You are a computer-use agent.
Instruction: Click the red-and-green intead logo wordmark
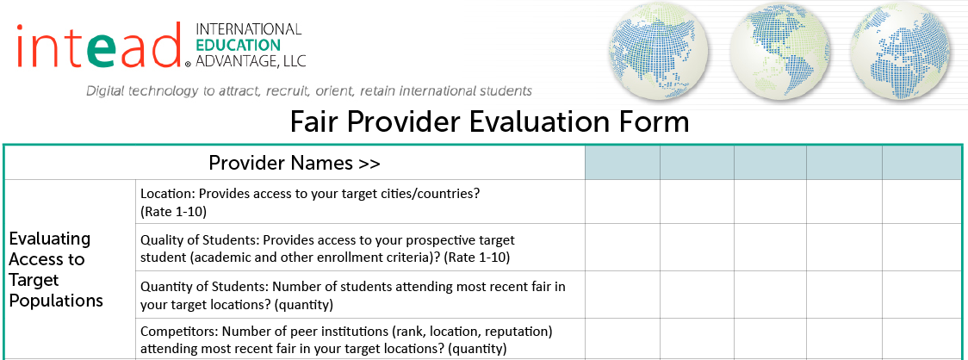click(101, 45)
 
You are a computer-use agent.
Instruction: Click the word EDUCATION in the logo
click(238, 45)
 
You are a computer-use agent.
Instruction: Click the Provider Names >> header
click(295, 163)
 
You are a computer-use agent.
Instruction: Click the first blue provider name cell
click(623, 163)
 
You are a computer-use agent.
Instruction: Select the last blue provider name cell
click(921, 163)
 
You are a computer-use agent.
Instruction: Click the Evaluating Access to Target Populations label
click(56, 270)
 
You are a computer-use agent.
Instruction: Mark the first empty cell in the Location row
click(623, 202)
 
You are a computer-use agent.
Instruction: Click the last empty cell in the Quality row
click(921, 247)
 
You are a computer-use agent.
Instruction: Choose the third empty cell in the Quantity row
click(770, 294)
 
